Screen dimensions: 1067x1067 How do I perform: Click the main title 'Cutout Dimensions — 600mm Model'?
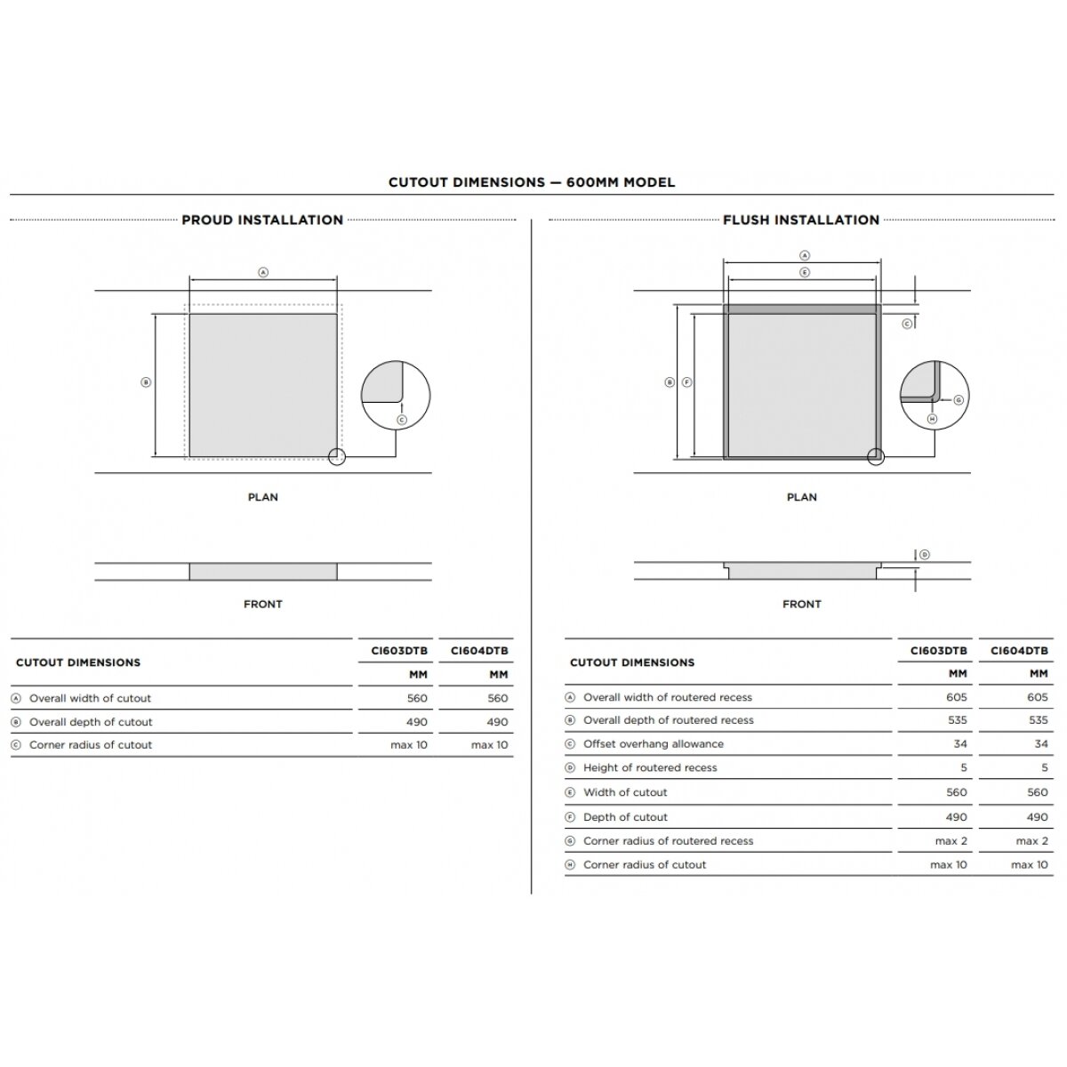point(531,182)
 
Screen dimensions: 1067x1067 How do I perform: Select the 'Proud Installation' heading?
point(262,220)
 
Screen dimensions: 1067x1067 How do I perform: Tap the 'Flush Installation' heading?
point(800,220)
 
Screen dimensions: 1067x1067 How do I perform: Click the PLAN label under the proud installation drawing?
point(262,497)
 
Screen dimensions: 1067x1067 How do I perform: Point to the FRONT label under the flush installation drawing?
point(801,604)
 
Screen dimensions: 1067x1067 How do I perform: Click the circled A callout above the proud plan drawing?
point(263,272)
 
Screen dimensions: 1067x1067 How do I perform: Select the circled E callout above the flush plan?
point(805,272)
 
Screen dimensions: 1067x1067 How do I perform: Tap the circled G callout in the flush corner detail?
point(959,400)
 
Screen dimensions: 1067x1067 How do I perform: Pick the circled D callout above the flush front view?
point(924,554)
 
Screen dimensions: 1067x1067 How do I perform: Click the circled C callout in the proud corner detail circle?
point(402,420)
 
